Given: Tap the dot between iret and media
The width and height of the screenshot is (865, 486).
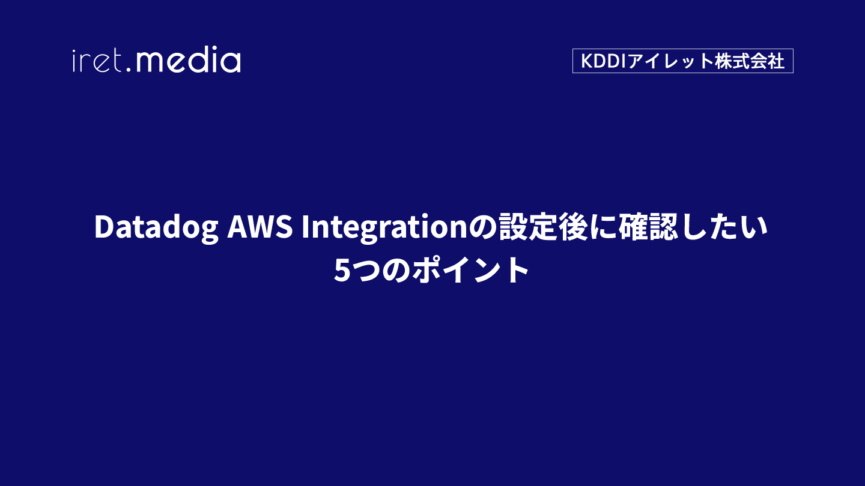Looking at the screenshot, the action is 129,70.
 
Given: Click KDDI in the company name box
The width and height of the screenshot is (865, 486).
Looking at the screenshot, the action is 604,61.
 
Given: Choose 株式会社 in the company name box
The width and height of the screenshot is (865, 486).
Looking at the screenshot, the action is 748,61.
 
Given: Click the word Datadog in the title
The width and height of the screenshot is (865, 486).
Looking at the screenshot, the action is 156,227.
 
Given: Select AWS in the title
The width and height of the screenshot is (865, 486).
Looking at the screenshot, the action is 259,226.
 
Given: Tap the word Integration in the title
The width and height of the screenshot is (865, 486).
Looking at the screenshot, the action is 384,227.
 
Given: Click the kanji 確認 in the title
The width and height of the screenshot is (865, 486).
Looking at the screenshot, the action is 648,227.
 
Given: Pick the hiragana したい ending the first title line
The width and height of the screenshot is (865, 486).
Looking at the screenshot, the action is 724,227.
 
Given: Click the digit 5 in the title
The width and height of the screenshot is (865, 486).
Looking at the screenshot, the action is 342,271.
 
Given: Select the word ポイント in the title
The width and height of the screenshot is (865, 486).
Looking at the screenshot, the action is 470,269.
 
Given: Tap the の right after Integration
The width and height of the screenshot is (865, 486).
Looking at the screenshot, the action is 483,227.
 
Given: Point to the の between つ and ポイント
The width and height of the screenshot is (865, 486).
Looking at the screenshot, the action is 396,270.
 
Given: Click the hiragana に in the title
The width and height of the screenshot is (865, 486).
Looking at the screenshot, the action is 604,227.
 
